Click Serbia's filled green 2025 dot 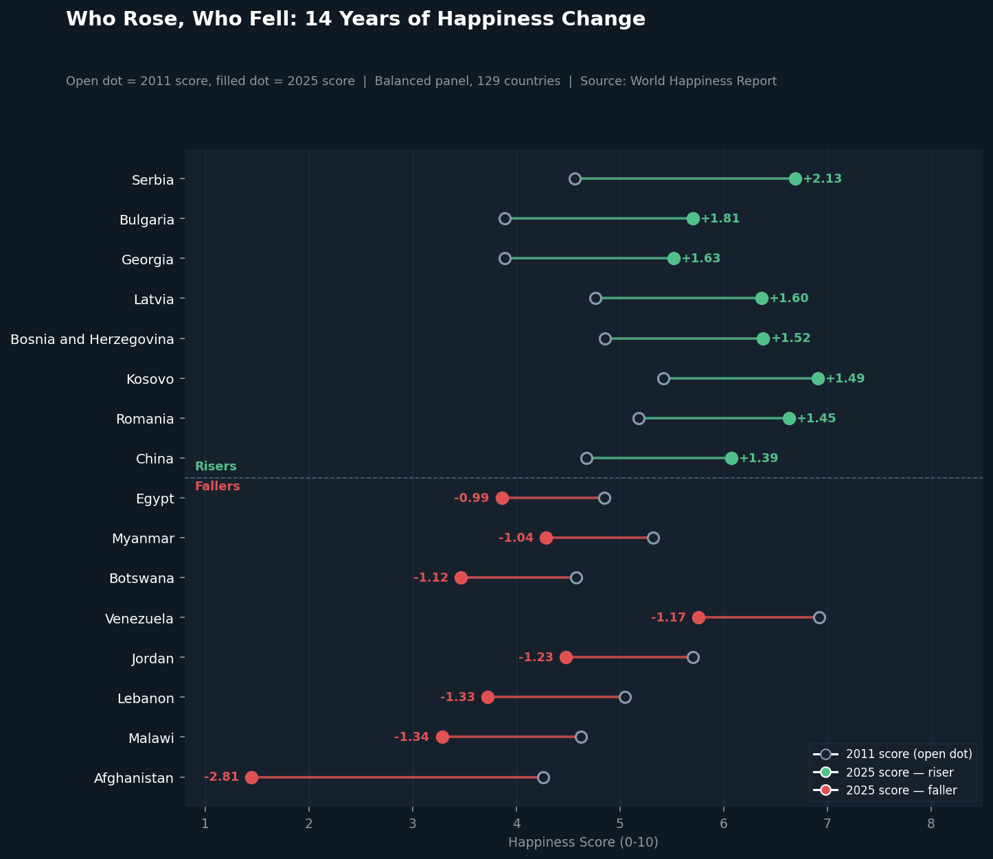[795, 179]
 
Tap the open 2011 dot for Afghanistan [543, 777]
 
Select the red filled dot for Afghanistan [251, 777]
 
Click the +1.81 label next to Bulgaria [720, 218]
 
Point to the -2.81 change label [221, 777]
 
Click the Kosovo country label [150, 380]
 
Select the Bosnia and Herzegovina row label [92, 340]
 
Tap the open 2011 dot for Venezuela [819, 617]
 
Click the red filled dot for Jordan [566, 657]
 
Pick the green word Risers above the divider [216, 466]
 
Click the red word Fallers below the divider [217, 486]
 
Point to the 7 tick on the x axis [827, 824]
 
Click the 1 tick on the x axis [205, 824]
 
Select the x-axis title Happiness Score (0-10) [583, 843]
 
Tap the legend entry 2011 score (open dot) [893, 754]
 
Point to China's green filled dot [731, 458]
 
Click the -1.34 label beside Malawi [412, 737]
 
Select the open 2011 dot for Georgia [505, 258]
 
